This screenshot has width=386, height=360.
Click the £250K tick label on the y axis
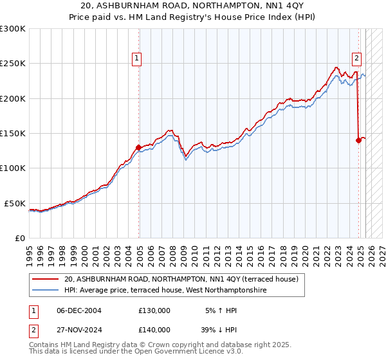[x=13, y=64]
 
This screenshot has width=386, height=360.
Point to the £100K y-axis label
[x=13, y=168]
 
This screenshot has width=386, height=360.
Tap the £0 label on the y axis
[x=19, y=238]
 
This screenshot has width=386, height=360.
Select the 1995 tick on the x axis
[x=29, y=250]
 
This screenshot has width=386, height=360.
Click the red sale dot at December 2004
[x=138, y=147]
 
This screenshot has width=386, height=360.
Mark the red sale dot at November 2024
[x=358, y=140]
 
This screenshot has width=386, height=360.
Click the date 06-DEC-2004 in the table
[x=79, y=310]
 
